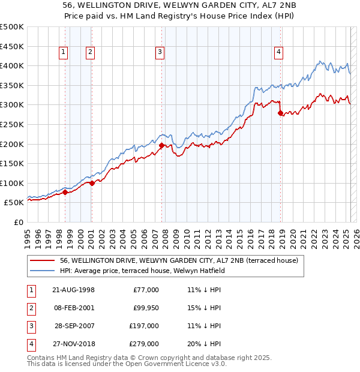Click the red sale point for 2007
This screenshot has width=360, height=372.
tap(161, 145)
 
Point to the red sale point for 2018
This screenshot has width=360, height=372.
tap(280, 113)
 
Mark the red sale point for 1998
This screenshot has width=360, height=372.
tap(65, 193)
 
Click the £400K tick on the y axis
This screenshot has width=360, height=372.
tap(13, 65)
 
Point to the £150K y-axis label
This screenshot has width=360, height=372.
tap(13, 163)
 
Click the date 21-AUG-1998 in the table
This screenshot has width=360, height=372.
tap(73, 290)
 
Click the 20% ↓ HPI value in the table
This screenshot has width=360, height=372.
tap(204, 344)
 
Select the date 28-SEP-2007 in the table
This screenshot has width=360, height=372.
tap(74, 326)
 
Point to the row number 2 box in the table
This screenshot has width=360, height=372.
tap(31, 308)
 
